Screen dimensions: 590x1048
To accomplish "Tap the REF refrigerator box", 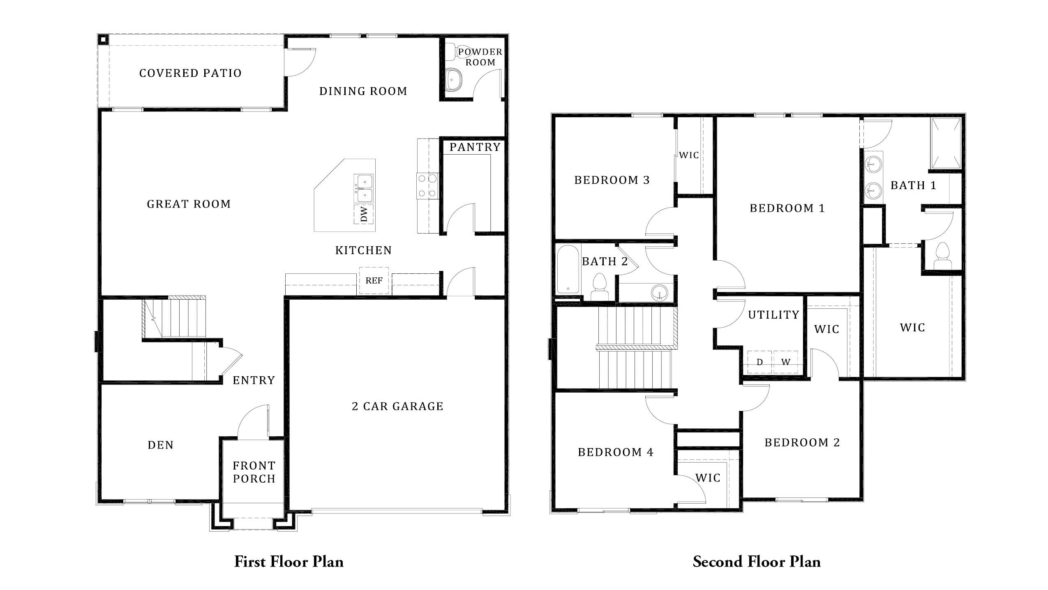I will [x=374, y=280].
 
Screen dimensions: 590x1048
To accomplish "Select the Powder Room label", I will [x=480, y=57].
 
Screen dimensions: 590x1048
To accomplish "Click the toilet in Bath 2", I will [x=599, y=287].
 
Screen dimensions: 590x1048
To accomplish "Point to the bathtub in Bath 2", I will [x=568, y=269].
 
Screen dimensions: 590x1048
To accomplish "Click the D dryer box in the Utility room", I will [x=759, y=362].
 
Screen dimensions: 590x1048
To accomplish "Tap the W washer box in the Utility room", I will [x=785, y=362].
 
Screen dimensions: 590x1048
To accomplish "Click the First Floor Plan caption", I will [x=289, y=562].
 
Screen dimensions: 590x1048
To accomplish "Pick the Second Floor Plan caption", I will [x=756, y=562].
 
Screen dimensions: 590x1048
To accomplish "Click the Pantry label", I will [x=475, y=147].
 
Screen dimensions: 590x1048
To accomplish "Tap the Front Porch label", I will [x=254, y=472].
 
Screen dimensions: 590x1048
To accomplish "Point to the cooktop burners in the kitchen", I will [x=427, y=186].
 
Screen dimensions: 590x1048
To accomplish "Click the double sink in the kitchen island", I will [x=364, y=188].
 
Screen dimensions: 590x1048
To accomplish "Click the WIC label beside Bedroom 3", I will [x=689, y=155].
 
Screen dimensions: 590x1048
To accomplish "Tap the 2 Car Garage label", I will [x=397, y=406].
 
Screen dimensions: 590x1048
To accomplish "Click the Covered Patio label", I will [x=190, y=73].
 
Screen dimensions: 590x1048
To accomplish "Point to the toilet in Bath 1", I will [x=942, y=257].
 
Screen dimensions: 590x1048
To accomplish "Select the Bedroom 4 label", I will [x=615, y=452].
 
